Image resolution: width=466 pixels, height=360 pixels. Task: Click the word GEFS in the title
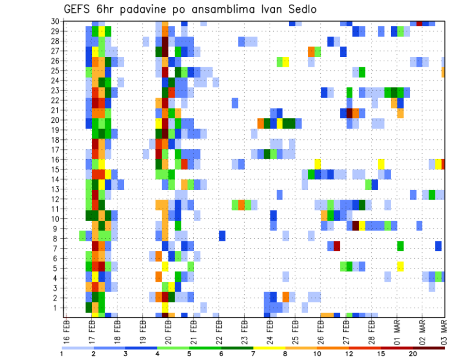pyautogui.click(x=78, y=9)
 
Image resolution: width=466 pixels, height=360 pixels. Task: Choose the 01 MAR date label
pyautogui.click(x=397, y=331)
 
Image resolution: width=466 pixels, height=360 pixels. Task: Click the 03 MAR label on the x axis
pyautogui.click(x=444, y=331)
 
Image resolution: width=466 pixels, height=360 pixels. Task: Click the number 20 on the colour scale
pyautogui.click(x=413, y=354)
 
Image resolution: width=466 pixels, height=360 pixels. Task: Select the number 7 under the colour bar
pyautogui.click(x=253, y=354)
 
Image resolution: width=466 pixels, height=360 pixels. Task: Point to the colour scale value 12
pyautogui.click(x=349, y=354)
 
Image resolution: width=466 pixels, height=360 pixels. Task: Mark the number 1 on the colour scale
pyautogui.click(x=62, y=354)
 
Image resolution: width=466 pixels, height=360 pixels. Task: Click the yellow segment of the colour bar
pyautogui.click(x=269, y=348)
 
